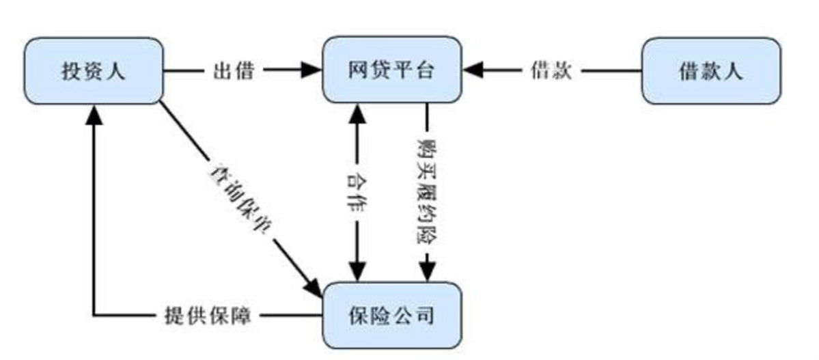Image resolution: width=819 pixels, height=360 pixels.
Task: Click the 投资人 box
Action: [x=93, y=70]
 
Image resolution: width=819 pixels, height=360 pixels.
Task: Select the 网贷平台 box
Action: [x=392, y=70]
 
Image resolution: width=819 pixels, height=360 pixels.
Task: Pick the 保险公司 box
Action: [x=392, y=316]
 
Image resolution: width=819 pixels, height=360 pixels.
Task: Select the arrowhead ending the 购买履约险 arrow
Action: [x=428, y=271]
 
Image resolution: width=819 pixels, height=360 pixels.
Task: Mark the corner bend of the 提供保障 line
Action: [x=94, y=316]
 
